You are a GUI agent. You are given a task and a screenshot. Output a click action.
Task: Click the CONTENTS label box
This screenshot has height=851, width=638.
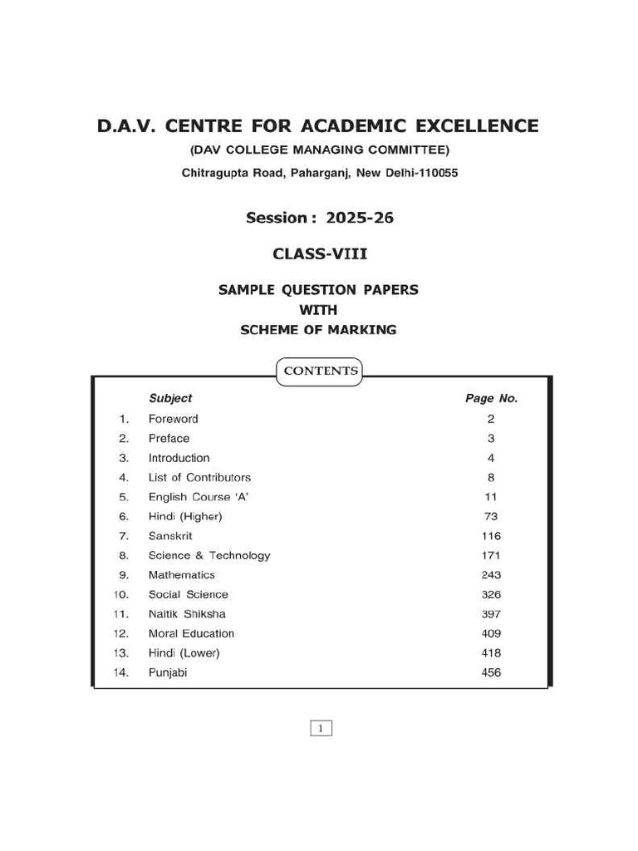321,371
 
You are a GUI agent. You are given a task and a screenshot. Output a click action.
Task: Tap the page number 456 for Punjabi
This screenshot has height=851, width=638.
491,672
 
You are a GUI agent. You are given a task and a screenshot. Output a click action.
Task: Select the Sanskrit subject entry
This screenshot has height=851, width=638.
170,536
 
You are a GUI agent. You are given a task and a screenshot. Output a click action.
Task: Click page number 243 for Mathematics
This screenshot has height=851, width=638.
491,575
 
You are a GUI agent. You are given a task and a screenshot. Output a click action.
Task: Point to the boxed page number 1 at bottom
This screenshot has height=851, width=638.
321,729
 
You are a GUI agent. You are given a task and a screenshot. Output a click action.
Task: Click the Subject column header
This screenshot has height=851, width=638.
170,398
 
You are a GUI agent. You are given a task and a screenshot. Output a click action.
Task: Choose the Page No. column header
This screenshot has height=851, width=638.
491,398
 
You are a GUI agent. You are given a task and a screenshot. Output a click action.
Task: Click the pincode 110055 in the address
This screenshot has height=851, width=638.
435,174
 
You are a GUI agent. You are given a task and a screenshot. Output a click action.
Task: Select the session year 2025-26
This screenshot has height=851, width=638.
360,219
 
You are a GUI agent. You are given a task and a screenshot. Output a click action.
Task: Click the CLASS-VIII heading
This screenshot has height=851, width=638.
320,253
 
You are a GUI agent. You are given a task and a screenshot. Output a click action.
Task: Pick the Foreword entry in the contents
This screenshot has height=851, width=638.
174,419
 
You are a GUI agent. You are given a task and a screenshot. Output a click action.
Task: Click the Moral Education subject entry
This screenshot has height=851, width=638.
191,633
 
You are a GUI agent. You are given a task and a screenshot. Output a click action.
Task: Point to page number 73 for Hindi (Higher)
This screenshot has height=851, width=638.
491,516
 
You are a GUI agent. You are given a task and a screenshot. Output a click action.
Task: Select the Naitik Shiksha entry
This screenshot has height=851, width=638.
187,614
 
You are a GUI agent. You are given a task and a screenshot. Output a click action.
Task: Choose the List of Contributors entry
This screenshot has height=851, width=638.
199,477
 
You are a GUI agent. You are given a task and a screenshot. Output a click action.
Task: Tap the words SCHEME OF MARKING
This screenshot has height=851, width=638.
318,330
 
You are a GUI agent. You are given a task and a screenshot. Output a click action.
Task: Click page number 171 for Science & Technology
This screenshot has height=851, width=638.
491,555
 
